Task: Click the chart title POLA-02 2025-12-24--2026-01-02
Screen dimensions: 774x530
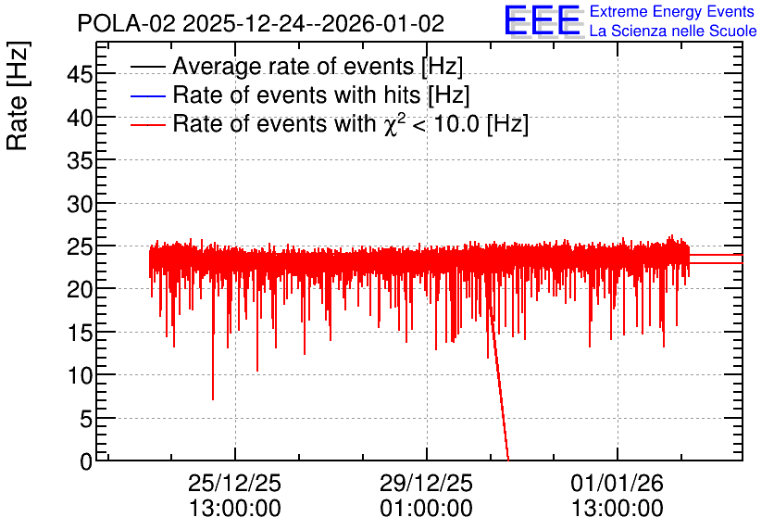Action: [x=261, y=23]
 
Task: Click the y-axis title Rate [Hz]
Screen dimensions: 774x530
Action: [x=18, y=95]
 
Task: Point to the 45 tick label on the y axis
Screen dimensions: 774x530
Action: [x=80, y=74]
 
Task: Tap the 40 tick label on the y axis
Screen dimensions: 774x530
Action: [x=80, y=118]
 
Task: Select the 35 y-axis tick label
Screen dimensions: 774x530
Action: [x=80, y=160]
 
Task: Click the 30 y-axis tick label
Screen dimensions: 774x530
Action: [x=80, y=204]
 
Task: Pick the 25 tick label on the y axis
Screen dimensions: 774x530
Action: [x=80, y=246]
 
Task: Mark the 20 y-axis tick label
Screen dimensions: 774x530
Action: [x=80, y=289]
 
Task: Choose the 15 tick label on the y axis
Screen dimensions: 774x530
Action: [x=80, y=333]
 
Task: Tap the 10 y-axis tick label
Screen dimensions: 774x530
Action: [x=80, y=376]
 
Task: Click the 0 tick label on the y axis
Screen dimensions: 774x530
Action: [x=86, y=461]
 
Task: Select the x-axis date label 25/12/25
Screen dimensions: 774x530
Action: [x=234, y=483]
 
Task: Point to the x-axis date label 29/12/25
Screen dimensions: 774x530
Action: [x=426, y=483]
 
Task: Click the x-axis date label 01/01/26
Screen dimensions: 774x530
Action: [x=617, y=483]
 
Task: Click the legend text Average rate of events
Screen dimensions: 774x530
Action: [x=294, y=66]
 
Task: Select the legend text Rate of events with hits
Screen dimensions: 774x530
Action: [x=297, y=95]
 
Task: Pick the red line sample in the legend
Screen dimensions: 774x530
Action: [x=147, y=125]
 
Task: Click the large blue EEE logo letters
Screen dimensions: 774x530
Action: [x=543, y=20]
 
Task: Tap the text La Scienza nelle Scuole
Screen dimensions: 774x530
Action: [x=673, y=32]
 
